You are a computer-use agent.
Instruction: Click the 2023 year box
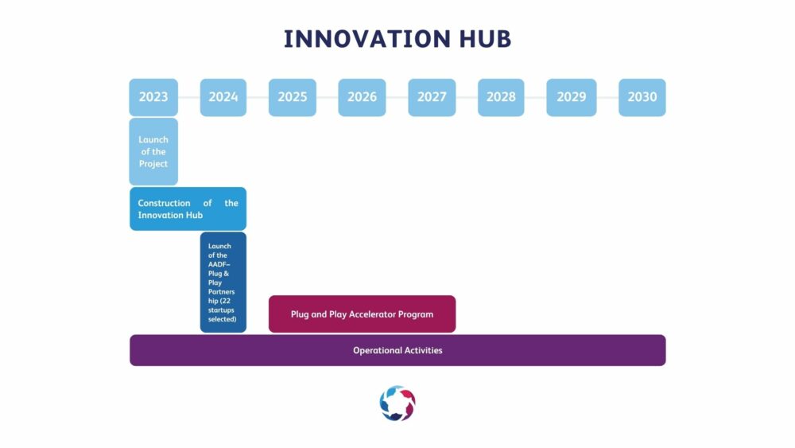tap(153, 97)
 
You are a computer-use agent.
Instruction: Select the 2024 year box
tap(223, 97)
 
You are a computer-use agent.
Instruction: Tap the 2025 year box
tap(293, 97)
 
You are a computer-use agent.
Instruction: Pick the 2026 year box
tap(362, 97)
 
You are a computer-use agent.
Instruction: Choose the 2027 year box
tap(432, 97)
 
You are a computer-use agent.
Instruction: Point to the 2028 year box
tap(501, 97)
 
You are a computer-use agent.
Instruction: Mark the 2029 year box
tap(572, 97)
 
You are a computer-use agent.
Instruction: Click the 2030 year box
tap(642, 97)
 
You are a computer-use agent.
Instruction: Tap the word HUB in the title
tap(485, 39)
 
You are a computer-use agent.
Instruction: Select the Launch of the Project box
tap(153, 152)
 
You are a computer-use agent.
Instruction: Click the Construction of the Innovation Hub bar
tap(188, 209)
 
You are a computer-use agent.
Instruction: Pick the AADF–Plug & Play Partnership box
tap(223, 282)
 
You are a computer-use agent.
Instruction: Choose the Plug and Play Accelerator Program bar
tap(362, 314)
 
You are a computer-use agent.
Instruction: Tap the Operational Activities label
tap(397, 351)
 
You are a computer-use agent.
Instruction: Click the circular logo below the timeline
tap(397, 403)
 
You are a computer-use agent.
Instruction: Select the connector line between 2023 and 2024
tap(189, 97)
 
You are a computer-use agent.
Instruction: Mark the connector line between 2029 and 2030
tap(607, 97)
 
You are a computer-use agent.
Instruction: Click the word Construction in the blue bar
tap(165, 203)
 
